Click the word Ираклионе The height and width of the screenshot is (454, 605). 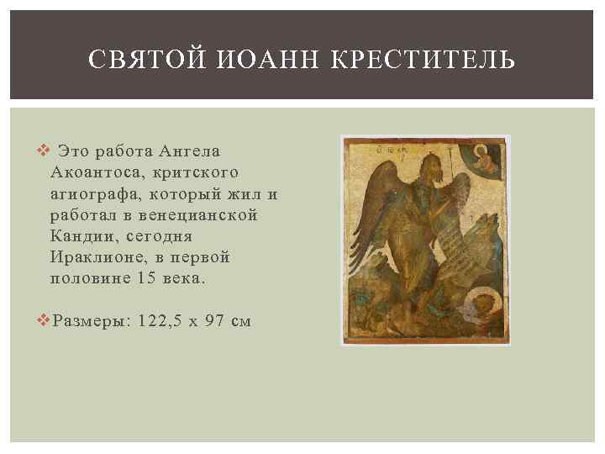97,257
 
